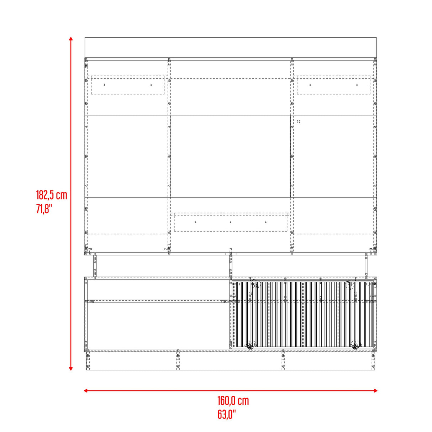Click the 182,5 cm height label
[51, 195]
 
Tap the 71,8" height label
[44, 209]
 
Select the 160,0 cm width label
[233, 401]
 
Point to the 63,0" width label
[226, 414]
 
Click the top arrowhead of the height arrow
[71, 38]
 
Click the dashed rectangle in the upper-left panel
[128, 85]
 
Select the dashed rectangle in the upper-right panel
[333, 85]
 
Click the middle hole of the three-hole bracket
[231, 222]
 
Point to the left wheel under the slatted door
[249, 346]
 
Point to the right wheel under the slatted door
[354, 346]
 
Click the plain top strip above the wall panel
[231, 47]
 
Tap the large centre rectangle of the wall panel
[231, 156]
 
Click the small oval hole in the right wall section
[298, 121]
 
